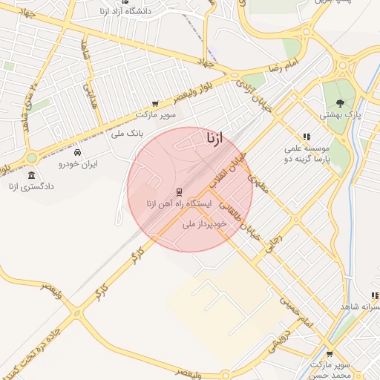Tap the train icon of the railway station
[179, 191]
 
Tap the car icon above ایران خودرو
[77, 152]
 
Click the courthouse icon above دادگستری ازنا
[30, 175]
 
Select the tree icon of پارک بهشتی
[340, 103]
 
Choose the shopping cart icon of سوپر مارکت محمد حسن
[330, 354]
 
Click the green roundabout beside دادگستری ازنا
[31, 157]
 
